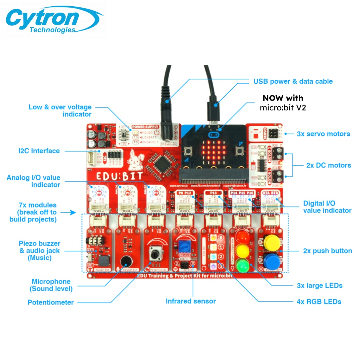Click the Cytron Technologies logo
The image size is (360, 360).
(53, 19)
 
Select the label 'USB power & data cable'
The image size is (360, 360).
(293, 82)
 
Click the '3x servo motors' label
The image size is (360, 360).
(323, 134)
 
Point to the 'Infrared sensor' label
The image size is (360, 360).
(191, 301)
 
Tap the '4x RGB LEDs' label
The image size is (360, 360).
(319, 302)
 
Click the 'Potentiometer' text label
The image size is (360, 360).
(51, 302)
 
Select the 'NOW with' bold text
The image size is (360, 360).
(283, 98)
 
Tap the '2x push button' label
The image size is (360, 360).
(327, 251)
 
